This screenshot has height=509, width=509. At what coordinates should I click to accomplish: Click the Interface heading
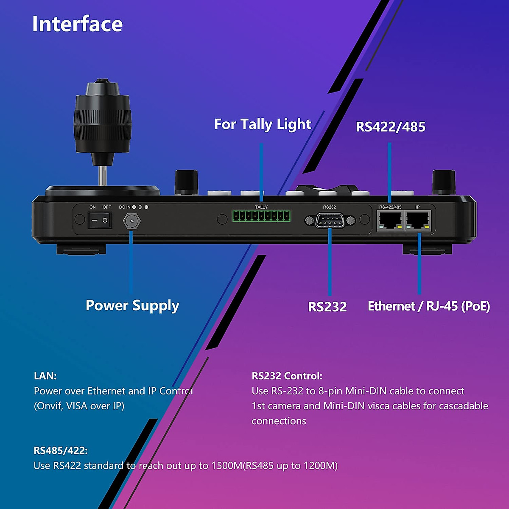[x=77, y=24]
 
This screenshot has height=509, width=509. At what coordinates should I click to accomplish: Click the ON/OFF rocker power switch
[x=100, y=221]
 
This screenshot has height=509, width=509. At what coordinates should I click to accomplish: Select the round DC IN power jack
[x=131, y=221]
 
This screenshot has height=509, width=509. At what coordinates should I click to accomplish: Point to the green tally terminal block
[x=261, y=216]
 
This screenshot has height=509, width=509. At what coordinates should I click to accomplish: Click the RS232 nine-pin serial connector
[x=330, y=220]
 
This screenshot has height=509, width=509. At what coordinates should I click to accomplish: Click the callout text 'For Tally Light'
[x=263, y=124]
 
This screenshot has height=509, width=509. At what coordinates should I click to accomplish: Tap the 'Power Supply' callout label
[x=132, y=306]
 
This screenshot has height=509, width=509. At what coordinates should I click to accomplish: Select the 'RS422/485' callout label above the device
[x=390, y=127]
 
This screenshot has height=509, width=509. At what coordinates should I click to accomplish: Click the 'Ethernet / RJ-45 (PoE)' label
[x=429, y=306]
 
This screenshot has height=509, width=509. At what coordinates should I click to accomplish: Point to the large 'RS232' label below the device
[x=327, y=307]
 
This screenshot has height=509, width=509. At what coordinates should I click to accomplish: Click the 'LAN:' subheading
[x=45, y=376]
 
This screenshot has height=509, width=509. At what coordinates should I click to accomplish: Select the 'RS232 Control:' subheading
[x=287, y=376]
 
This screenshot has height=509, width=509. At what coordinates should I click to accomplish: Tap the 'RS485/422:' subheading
[x=61, y=450]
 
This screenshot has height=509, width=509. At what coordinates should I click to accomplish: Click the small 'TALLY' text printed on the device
[x=261, y=207]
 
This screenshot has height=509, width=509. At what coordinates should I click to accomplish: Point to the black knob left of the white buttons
[x=187, y=182]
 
